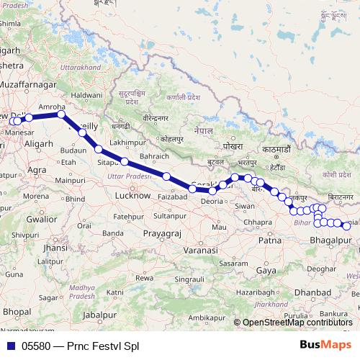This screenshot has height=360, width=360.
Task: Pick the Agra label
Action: point(37,170)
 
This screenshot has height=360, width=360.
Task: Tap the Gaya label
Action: point(266,271)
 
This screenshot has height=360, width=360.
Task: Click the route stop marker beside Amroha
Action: point(61,114)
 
